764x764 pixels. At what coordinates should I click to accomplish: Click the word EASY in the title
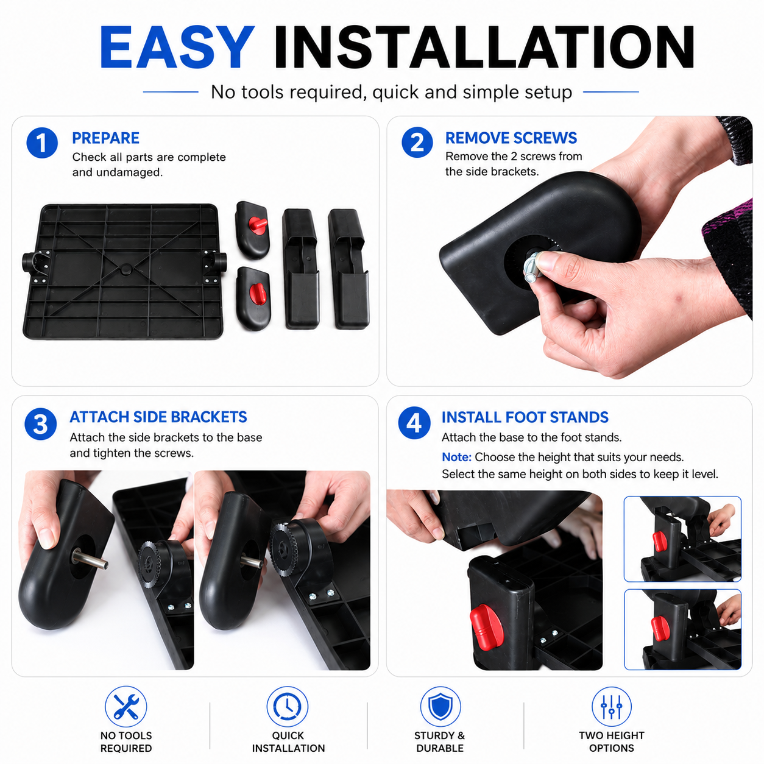pyautogui.click(x=177, y=47)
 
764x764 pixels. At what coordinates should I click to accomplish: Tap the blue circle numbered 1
pyautogui.click(x=42, y=143)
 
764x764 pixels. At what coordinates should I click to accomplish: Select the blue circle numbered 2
pyautogui.click(x=417, y=143)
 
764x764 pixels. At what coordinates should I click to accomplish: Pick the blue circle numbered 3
pyautogui.click(x=40, y=424)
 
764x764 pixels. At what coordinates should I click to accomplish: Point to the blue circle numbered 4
pyautogui.click(x=414, y=423)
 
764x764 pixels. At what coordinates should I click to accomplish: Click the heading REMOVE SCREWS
pyautogui.click(x=511, y=138)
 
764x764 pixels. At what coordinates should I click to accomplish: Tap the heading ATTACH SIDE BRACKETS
pyautogui.click(x=158, y=417)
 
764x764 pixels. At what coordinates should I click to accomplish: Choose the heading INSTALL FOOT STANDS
pyautogui.click(x=525, y=417)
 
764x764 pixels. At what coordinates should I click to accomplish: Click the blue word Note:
pyautogui.click(x=456, y=457)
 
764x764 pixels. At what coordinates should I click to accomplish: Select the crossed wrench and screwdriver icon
pyautogui.click(x=126, y=707)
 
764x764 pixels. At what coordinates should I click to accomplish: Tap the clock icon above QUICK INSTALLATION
pyautogui.click(x=288, y=707)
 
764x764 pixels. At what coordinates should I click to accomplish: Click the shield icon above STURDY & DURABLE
pyautogui.click(x=440, y=707)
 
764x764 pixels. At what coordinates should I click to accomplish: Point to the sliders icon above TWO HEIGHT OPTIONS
pyautogui.click(x=611, y=707)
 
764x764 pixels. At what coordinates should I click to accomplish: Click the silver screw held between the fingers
pyautogui.click(x=532, y=267)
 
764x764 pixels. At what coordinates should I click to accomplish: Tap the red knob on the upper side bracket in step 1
pyautogui.click(x=258, y=225)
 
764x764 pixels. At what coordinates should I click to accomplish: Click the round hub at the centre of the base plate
pyautogui.click(x=126, y=269)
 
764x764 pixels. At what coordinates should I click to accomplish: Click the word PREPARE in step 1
pyautogui.click(x=105, y=138)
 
